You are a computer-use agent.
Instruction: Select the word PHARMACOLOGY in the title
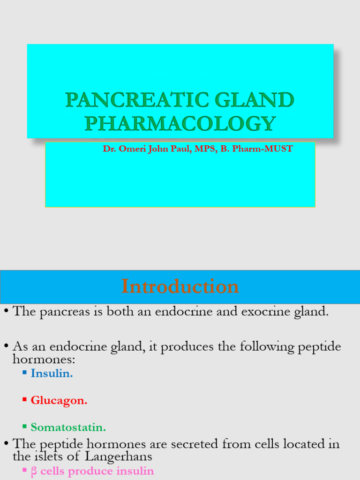click(180, 123)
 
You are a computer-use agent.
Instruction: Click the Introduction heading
click(180, 286)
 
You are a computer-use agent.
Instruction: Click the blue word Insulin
click(52, 374)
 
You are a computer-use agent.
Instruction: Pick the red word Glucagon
click(59, 401)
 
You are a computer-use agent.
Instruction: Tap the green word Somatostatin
click(68, 427)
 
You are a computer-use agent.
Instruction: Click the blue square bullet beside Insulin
click(24, 373)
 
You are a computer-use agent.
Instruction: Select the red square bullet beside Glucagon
click(24, 400)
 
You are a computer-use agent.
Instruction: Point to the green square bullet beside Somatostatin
click(24, 427)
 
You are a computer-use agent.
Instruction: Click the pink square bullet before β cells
click(24, 470)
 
